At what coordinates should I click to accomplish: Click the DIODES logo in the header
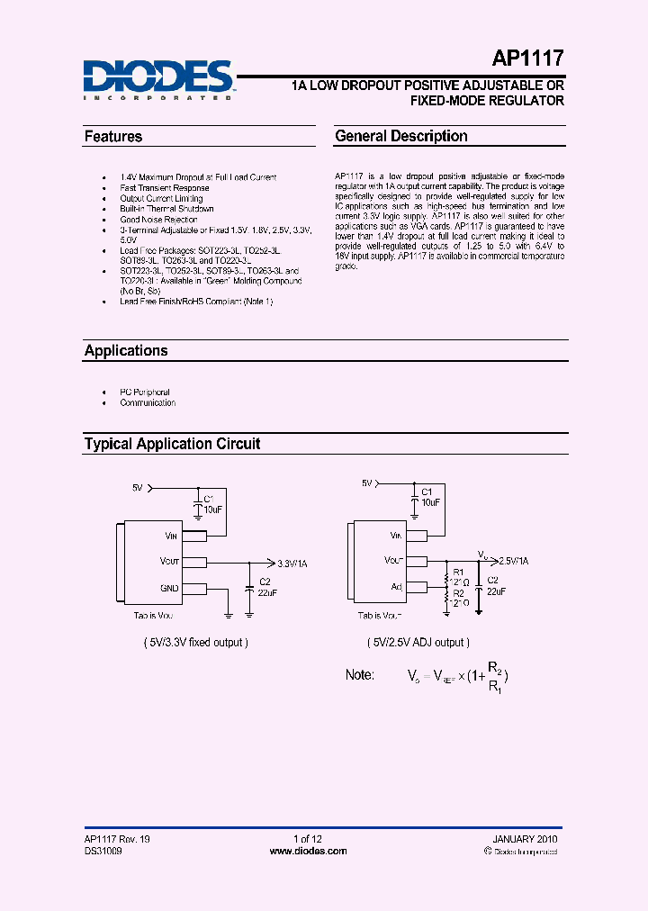click(158, 78)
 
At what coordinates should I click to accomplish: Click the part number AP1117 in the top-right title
click(527, 59)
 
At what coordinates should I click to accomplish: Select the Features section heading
click(113, 137)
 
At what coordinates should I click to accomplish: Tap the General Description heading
click(400, 137)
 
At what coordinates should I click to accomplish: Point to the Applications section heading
click(126, 351)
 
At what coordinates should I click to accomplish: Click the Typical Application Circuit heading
click(172, 444)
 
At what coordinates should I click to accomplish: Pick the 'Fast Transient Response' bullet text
click(165, 188)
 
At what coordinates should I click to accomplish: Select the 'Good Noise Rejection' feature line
click(158, 220)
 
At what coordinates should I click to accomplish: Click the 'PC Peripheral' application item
click(145, 392)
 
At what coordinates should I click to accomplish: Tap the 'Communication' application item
click(148, 403)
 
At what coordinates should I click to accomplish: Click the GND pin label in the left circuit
click(168, 588)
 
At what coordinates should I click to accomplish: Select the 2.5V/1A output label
click(513, 560)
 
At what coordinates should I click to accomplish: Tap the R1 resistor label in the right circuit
click(457, 572)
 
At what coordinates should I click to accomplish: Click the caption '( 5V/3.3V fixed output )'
click(195, 643)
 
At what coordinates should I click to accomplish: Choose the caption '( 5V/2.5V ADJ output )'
click(416, 643)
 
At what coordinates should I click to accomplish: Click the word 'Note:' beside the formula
click(360, 675)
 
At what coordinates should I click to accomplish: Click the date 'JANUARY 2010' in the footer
click(528, 839)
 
